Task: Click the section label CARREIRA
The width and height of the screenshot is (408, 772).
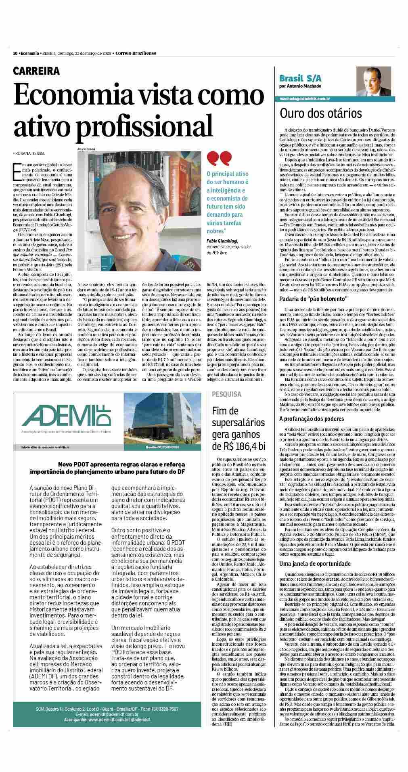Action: (x=36, y=71)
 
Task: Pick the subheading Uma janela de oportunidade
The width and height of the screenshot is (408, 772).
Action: (x=315, y=563)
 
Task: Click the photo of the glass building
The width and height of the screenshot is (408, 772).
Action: (x=166, y=419)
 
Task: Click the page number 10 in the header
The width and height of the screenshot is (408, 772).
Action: (x=15, y=53)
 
